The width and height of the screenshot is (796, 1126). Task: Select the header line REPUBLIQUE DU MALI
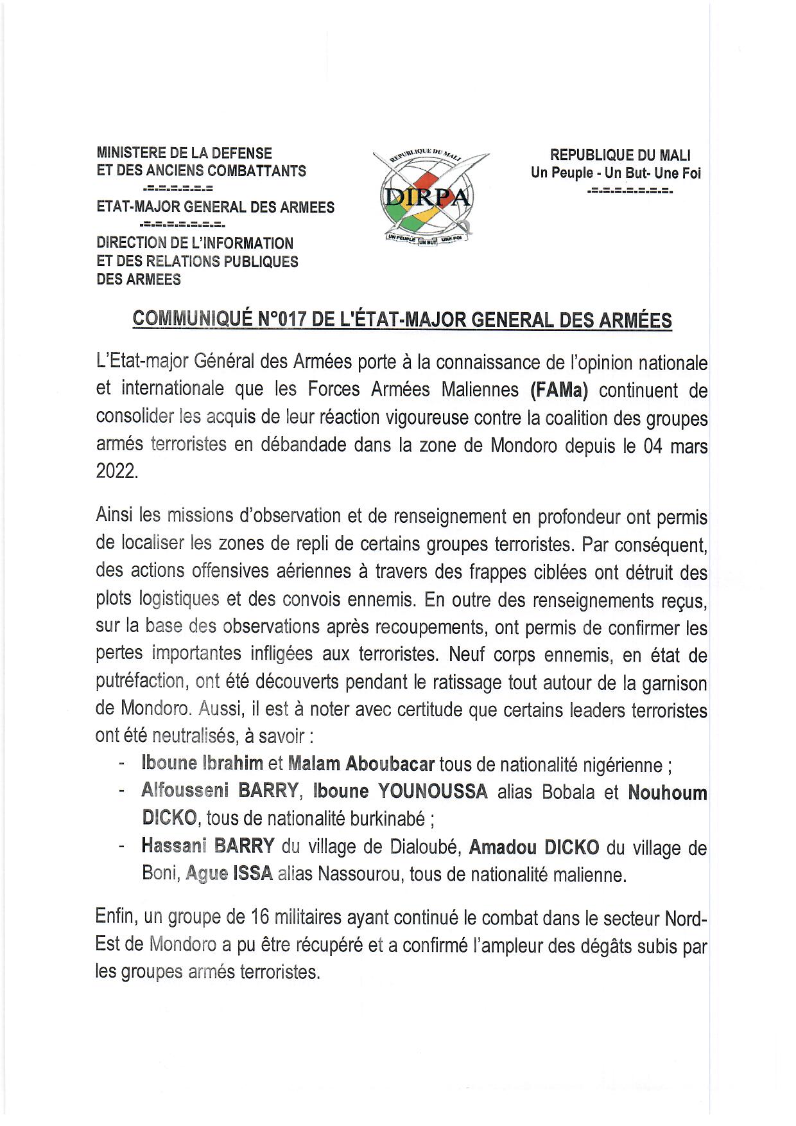click(x=620, y=155)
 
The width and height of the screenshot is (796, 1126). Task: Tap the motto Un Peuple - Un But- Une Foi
click(x=616, y=173)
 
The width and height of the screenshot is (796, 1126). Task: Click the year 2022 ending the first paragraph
click(x=117, y=471)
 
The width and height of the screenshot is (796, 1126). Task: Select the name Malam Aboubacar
click(x=361, y=764)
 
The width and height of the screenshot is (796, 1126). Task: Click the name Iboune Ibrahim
click(x=202, y=764)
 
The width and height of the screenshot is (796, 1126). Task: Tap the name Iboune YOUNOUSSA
click(x=400, y=791)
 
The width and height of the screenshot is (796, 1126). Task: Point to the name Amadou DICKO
click(x=534, y=847)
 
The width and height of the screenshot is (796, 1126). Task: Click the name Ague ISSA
click(x=229, y=874)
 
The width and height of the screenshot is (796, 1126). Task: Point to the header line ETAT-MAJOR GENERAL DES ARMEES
click(x=216, y=207)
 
